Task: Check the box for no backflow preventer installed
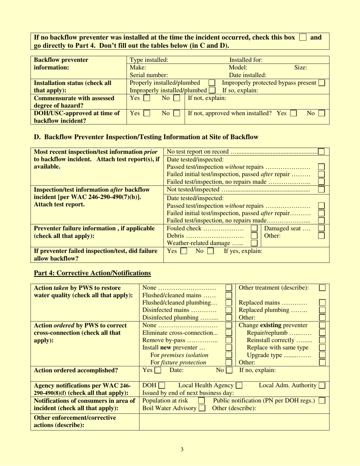pos(302,38)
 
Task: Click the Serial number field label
pos(149,75)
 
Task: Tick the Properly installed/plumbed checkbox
pos(212,83)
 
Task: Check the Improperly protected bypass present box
pos(321,83)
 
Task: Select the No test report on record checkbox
pos(321,152)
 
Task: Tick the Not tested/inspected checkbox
pos(321,189)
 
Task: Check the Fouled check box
pos(254,228)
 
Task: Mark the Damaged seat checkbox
pos(321,228)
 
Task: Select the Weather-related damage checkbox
pos(254,243)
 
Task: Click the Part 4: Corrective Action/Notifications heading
pos(92,273)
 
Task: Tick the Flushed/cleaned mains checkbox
pos(229,295)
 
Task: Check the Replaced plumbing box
pos(322,310)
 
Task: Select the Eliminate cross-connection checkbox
pos(229,332)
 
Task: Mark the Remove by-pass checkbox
pos(229,340)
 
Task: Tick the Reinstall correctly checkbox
pos(322,340)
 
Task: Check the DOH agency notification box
pos(161,386)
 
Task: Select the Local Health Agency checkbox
pos(239,386)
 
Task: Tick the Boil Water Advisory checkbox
pos(202,408)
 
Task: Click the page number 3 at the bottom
pos(182,450)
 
